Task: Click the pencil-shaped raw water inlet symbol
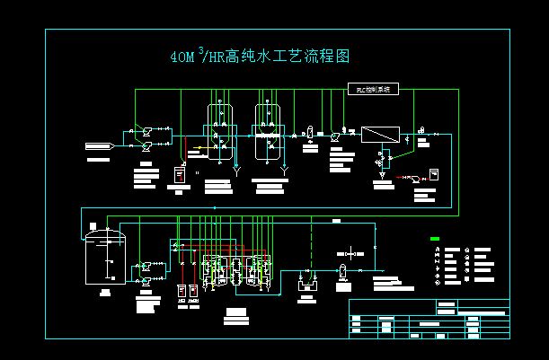[98, 145]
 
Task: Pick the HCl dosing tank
[182, 293]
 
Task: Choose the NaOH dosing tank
[197, 293]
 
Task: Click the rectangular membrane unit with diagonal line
[380, 135]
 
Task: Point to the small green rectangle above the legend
[435, 239]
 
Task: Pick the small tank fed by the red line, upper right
[432, 174]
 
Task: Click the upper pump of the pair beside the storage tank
[146, 266]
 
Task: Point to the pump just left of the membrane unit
[335, 136]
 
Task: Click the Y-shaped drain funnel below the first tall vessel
[236, 168]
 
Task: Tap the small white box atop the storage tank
[110, 228]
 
